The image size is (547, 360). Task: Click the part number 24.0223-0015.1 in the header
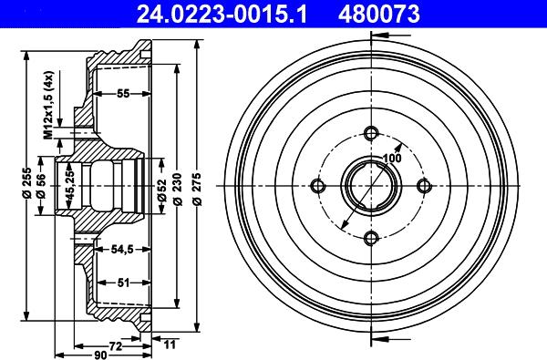pos(222,14)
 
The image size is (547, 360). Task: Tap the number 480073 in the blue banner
pos(379,14)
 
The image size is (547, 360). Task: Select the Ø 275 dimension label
pos(197,189)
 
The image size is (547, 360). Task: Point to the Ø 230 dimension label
pos(178,189)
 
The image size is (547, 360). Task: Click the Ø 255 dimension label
pos(27,183)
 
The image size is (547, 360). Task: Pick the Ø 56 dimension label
pos(40,185)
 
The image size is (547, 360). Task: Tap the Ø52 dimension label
pos(161,190)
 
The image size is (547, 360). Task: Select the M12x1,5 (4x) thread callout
pos(47,105)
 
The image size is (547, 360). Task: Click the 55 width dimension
pos(123,94)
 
